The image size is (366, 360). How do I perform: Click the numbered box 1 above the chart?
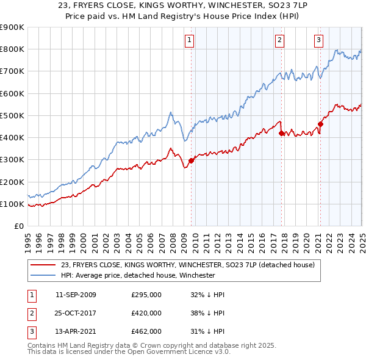tap(189, 41)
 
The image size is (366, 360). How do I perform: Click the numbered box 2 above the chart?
tap(279, 41)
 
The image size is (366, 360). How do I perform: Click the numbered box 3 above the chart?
tap(318, 41)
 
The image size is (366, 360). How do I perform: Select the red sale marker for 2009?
tap(191, 160)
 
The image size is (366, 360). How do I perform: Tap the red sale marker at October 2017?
tap(281, 132)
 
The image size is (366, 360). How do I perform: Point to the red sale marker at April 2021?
tap(320, 123)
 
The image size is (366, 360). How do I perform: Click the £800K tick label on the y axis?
tap(12, 49)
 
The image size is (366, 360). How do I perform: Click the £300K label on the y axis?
tap(12, 160)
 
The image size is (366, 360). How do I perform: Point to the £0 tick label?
tap(18, 226)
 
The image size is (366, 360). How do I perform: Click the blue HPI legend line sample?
tap(43, 275)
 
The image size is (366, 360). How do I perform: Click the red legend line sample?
tap(43, 265)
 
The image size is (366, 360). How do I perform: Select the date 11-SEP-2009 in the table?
tap(76, 295)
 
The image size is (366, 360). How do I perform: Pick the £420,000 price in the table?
tap(146, 313)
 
